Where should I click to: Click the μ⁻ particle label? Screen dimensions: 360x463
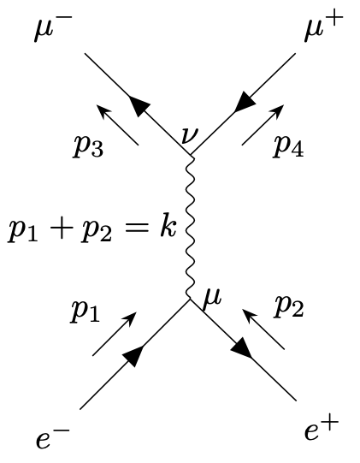[x=53, y=27]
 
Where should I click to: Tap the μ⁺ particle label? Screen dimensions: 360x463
[x=324, y=26]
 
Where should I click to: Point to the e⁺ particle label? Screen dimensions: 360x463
[x=322, y=430]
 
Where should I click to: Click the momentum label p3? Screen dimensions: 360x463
[x=88, y=147]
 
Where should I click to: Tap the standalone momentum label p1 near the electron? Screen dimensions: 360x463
[x=86, y=312]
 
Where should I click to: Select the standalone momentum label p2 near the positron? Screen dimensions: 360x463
[x=288, y=308]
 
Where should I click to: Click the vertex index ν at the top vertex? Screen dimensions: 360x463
[x=189, y=135]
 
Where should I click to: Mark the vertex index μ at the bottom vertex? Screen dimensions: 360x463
[x=212, y=299]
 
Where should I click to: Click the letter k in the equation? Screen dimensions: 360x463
[x=168, y=227]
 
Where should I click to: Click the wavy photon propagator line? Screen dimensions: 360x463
[x=190, y=228]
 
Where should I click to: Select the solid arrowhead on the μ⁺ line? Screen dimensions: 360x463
[x=244, y=102]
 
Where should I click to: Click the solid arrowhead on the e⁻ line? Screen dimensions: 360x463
[x=133, y=355]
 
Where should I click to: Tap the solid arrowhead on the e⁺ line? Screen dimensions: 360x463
[x=242, y=348]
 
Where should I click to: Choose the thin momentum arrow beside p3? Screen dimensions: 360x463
[x=118, y=125]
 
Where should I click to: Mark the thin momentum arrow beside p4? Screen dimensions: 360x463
[x=263, y=125]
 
